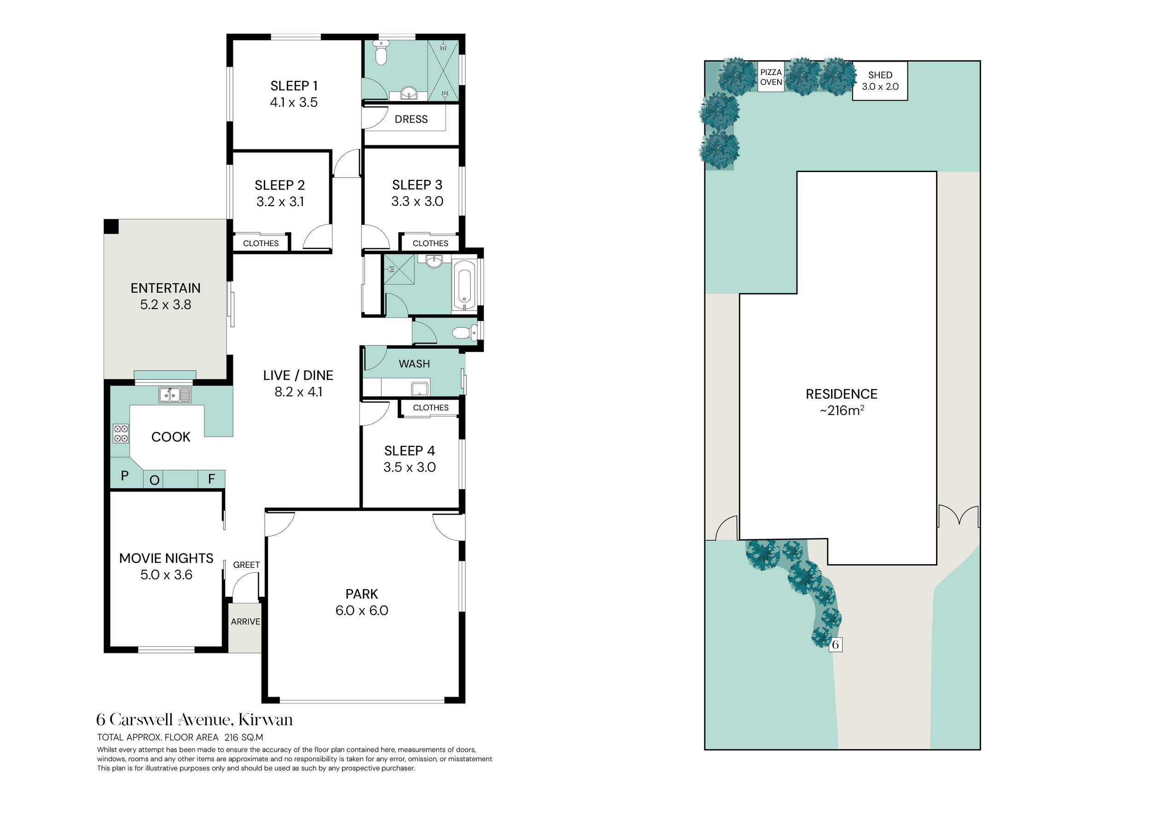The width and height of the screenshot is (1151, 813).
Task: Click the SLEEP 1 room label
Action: coord(294,86)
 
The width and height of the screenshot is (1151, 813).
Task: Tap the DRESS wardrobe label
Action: coord(411,119)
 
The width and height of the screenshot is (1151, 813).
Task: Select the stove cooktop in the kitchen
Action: coord(121,433)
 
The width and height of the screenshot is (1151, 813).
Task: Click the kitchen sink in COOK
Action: coord(175,395)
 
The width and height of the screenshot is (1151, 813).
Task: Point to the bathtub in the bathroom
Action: coord(464,284)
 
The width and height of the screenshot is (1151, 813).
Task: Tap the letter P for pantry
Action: coord(125,476)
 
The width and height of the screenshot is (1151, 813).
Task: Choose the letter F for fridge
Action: coord(211,479)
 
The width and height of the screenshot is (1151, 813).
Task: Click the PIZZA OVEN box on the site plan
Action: coord(771,77)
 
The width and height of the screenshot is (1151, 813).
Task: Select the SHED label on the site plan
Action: coord(880,75)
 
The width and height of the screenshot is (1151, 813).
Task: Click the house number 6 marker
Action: coord(835,645)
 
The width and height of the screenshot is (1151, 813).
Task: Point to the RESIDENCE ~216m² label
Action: coord(842,402)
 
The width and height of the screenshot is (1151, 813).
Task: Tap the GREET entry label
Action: coord(246,565)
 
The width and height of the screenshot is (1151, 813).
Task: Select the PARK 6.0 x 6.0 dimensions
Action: coord(362,611)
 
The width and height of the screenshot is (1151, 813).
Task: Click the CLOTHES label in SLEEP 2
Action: coord(261,243)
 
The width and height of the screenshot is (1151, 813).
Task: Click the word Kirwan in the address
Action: coord(266,720)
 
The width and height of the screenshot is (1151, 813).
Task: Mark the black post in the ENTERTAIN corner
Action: coord(111,226)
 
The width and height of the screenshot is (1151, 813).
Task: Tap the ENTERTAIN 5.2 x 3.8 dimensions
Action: coord(165,305)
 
